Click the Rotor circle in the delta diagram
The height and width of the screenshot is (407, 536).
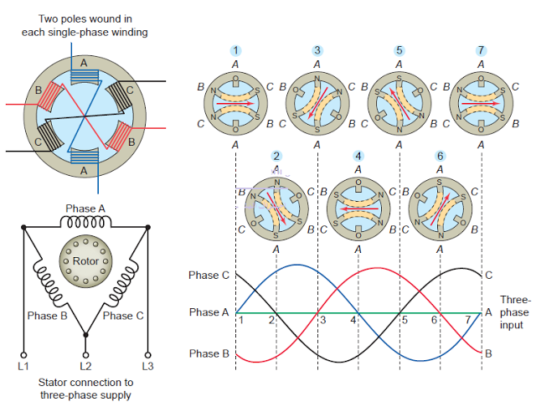(85, 262)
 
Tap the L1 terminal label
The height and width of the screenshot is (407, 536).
(23, 366)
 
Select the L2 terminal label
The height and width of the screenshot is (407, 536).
(85, 366)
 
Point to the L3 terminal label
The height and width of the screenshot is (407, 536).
(147, 366)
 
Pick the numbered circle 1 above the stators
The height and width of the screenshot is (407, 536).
(235, 50)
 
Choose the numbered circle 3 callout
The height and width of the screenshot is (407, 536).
(317, 50)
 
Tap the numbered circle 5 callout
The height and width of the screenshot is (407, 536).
(399, 50)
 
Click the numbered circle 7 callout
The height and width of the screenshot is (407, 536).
(481, 50)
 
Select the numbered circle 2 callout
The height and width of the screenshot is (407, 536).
(276, 156)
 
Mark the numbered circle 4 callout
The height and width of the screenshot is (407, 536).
(358, 156)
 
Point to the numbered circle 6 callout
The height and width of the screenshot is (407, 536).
(440, 156)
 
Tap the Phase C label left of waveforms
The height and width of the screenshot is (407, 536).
(209, 275)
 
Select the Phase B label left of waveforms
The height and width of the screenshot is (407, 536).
(209, 353)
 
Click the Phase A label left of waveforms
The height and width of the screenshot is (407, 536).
(209, 312)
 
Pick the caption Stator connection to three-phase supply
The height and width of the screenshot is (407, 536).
(85, 389)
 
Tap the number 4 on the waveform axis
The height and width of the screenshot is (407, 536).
(353, 321)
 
